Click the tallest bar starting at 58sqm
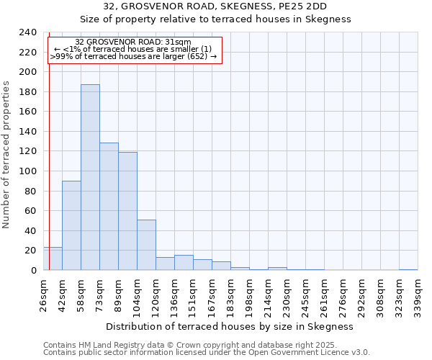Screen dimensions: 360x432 coord(90,177)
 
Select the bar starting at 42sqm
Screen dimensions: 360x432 coord(71,225)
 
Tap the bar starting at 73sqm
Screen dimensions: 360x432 coord(109,207)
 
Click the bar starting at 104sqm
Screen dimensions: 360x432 coord(146,245)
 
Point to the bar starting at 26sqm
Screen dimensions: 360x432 coord(53,258)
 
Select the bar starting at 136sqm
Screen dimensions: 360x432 coord(184,263)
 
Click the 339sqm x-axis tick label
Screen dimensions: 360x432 coord(418,296)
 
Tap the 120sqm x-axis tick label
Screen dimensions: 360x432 coord(156,296)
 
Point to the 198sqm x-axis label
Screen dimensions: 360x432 coord(250,296)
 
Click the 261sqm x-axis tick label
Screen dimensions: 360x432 coord(325,296)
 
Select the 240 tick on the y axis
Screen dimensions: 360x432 coord(28,32)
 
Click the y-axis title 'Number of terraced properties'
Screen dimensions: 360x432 coord(7,155)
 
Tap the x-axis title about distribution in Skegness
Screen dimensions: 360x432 coord(230,326)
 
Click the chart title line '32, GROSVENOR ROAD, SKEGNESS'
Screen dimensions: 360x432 coord(215,6)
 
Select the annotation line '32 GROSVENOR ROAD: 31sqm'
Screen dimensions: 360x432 coord(133,42)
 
